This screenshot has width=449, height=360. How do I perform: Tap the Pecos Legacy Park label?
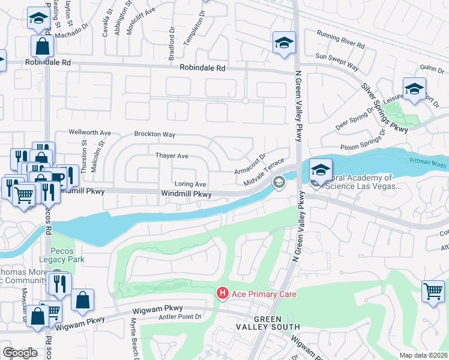pyautogui.click(x=62, y=255)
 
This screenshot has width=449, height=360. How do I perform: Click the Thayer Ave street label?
pyautogui.click(x=172, y=156)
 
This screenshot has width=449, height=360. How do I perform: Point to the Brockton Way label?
pyautogui.click(x=154, y=134)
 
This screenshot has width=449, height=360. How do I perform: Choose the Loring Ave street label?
pyautogui.click(x=190, y=184)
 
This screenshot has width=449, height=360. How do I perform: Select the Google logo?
pyautogui.click(x=20, y=353)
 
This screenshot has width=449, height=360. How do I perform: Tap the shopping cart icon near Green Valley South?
pyautogui.click(x=432, y=292)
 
